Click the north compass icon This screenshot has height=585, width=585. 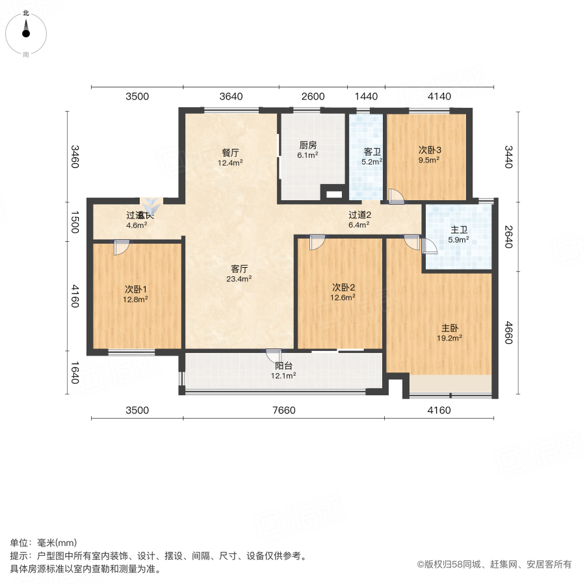click(x=26, y=29)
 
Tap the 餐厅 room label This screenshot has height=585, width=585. click(x=231, y=153)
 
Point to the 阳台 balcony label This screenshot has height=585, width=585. click(x=284, y=365)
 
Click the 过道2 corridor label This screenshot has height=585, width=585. click(x=359, y=215)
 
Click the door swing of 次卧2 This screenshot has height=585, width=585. click(x=317, y=242)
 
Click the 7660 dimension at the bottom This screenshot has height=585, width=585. click(x=284, y=410)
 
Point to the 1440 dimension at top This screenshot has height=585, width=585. click(x=366, y=96)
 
